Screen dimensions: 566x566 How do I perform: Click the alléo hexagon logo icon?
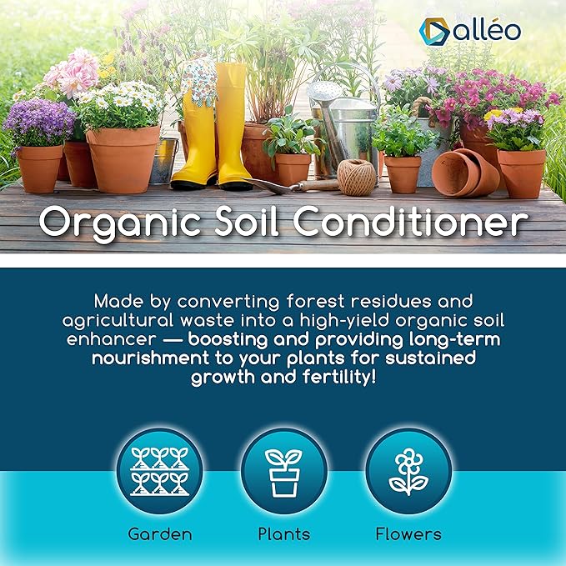coord(434,32)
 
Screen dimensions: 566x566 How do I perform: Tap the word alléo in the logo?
coord(487,30)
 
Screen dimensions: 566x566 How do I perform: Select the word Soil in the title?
coord(247,220)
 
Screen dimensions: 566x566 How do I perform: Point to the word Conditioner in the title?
coord(410,220)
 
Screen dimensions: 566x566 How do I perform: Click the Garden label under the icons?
coord(160,533)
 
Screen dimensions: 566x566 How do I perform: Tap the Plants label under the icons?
coord(284,533)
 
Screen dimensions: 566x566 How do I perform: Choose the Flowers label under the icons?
coord(408,533)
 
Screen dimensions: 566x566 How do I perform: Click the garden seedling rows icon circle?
coord(159,471)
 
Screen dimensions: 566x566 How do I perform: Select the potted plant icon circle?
coord(284,471)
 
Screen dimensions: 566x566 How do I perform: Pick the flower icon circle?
coord(408,471)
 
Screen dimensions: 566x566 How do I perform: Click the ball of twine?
coord(357,178)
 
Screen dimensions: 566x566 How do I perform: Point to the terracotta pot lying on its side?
coord(465,173)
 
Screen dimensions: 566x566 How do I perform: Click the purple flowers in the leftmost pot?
coord(39,123)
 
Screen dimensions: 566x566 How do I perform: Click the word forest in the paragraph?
coord(315,302)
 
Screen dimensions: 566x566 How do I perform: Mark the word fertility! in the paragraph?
coord(339,378)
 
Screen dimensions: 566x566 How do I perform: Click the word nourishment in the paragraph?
coord(151,358)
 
